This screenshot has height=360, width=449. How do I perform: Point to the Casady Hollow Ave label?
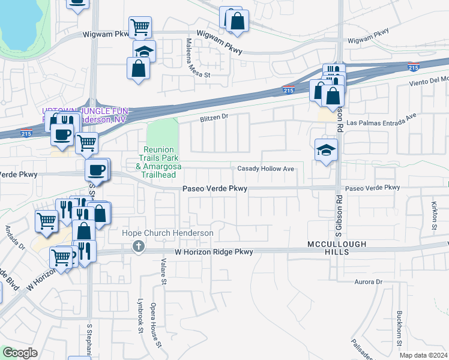[x=266, y=169]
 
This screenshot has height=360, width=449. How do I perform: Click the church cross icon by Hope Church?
[x=139, y=247]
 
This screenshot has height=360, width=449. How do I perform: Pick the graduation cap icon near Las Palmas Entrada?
[x=325, y=150]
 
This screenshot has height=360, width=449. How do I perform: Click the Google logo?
[x=20, y=353]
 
